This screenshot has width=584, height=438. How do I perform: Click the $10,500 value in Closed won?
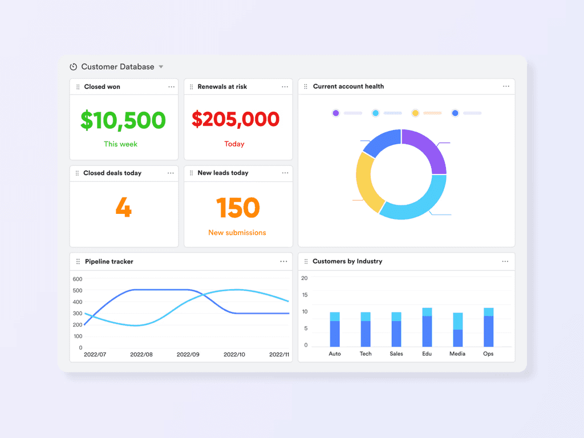coord(123,120)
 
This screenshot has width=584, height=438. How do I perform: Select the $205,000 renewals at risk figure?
coord(236,119)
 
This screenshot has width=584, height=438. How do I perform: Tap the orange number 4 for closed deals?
coord(123,208)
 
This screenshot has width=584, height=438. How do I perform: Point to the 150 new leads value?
coord(238,208)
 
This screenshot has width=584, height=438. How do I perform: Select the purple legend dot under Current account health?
coord(335,113)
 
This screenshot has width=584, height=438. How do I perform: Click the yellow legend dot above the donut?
coord(415,113)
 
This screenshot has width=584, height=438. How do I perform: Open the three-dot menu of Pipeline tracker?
coord(283,261)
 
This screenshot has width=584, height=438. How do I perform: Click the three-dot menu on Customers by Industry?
coord(505,261)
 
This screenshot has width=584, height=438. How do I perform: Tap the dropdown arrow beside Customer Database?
coord(161,67)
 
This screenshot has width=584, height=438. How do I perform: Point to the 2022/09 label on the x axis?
coord(188,354)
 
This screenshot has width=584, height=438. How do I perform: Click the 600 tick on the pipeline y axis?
coord(77,279)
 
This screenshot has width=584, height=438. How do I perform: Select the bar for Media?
coord(458,330)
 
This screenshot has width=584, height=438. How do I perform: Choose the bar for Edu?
coord(427,327)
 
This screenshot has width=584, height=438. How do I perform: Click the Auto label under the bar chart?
coord(335,354)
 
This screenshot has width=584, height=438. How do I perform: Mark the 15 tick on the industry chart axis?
coord(305,295)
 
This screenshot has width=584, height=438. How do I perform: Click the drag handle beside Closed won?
coord(78,87)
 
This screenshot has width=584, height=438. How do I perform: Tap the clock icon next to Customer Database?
coord(73,67)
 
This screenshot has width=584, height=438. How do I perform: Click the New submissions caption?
coord(237,233)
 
